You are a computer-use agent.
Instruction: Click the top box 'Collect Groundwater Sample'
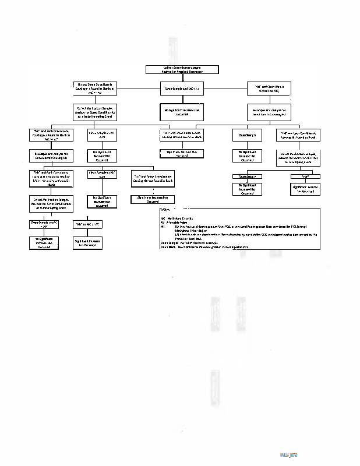[182, 69]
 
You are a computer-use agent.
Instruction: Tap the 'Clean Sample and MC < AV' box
[182, 89]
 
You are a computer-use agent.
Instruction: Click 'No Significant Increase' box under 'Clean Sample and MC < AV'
[182, 110]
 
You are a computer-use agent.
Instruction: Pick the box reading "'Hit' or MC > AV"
[87, 224]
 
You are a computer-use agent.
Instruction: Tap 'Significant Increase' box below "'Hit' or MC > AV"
[87, 242]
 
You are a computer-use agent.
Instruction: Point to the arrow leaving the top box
[182, 78]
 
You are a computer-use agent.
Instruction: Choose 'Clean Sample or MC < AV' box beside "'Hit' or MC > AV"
[44, 224]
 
